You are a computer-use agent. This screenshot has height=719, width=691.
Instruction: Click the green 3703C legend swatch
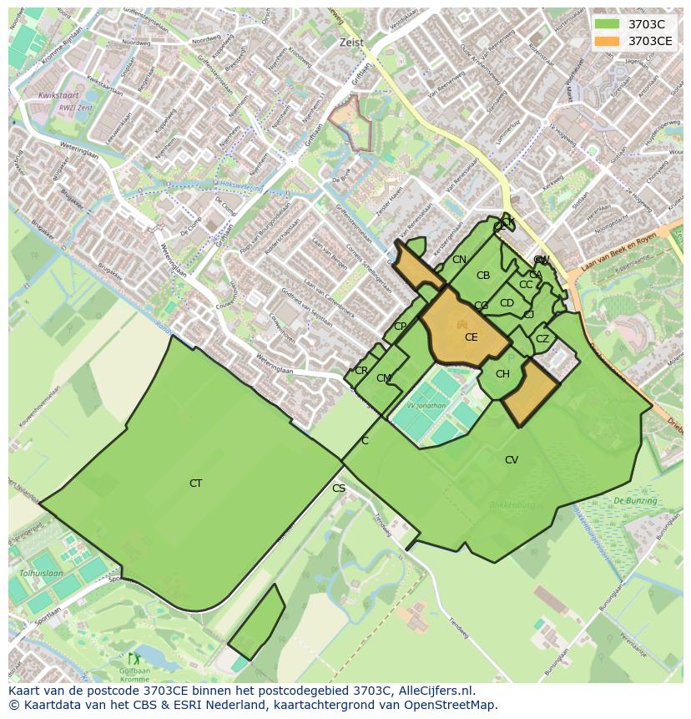[x=607, y=24]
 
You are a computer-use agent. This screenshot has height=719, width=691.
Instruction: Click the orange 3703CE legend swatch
[x=607, y=41]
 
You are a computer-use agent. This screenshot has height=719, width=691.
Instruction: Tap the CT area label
[x=195, y=484]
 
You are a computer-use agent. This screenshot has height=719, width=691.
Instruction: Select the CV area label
[x=512, y=460]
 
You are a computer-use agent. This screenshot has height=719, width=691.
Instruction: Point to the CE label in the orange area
[x=472, y=337]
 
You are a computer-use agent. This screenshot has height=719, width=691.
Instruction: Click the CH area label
[x=502, y=374]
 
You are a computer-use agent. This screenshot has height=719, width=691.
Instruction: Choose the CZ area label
[x=542, y=339]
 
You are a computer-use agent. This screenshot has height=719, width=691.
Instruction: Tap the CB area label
[x=483, y=276]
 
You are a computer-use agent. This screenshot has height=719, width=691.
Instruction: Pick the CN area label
[x=459, y=260]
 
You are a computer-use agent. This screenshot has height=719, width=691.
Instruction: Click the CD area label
[x=507, y=303]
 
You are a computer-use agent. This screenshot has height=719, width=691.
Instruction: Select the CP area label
[x=400, y=327]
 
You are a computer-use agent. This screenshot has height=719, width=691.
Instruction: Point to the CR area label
[x=361, y=371]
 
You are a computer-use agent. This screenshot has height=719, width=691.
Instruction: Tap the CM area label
[x=383, y=378]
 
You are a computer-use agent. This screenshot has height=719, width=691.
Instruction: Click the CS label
[x=339, y=489]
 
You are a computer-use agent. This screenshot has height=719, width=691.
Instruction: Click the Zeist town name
[x=352, y=42]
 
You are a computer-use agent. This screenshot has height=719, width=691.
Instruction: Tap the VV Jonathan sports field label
[x=426, y=405]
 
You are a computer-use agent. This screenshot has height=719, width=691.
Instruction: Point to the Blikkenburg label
[x=512, y=505]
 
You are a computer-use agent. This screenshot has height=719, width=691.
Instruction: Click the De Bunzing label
[x=635, y=501]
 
